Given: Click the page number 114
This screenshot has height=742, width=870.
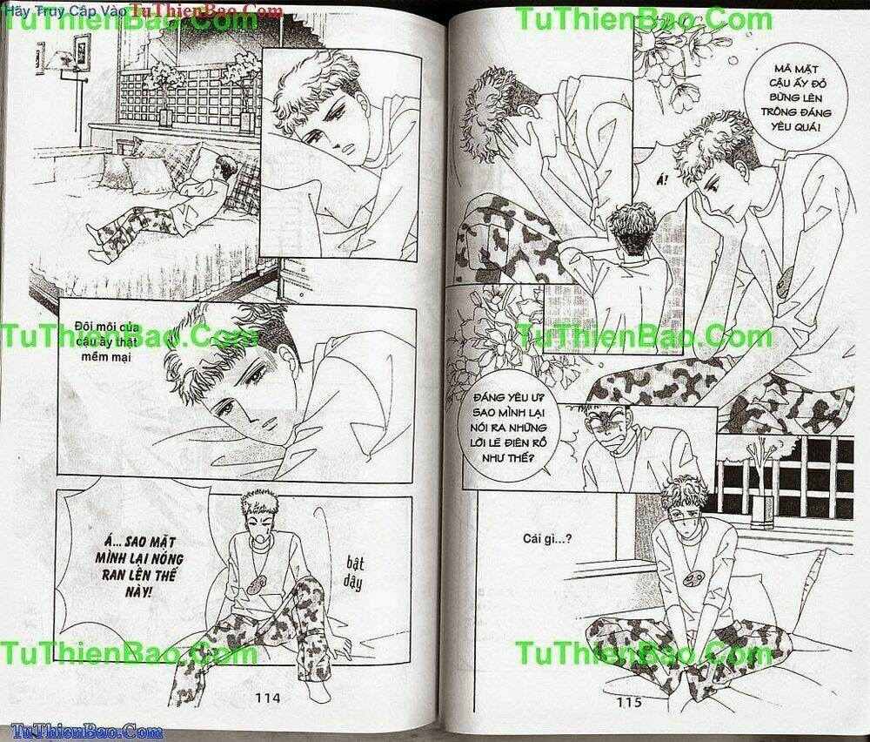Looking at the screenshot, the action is (268, 697).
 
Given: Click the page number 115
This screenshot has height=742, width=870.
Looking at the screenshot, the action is (629, 702).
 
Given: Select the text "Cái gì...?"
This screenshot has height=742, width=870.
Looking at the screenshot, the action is (547, 538).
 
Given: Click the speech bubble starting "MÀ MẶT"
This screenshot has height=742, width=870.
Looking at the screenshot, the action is (795, 98).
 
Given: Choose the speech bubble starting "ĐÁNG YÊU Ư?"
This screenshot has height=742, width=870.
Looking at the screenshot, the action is (509, 428).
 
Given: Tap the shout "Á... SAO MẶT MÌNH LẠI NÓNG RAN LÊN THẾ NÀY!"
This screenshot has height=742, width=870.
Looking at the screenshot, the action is (138, 566).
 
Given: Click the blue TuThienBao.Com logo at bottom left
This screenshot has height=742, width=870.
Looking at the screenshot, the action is (87, 731).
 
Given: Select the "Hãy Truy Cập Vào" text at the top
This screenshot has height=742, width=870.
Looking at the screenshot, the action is (65, 10).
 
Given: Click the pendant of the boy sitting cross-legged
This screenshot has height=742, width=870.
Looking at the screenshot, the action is (693, 577).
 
